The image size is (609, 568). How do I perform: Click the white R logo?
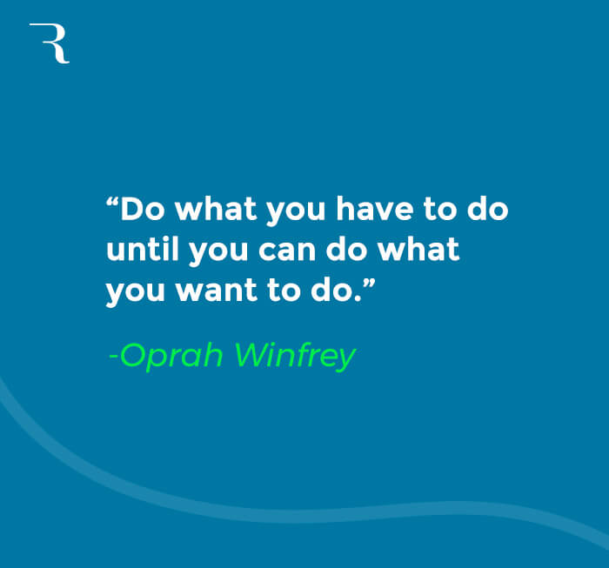coord(49,43)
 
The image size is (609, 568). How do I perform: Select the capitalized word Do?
coord(141,211)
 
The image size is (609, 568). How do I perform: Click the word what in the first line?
coord(214,211)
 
